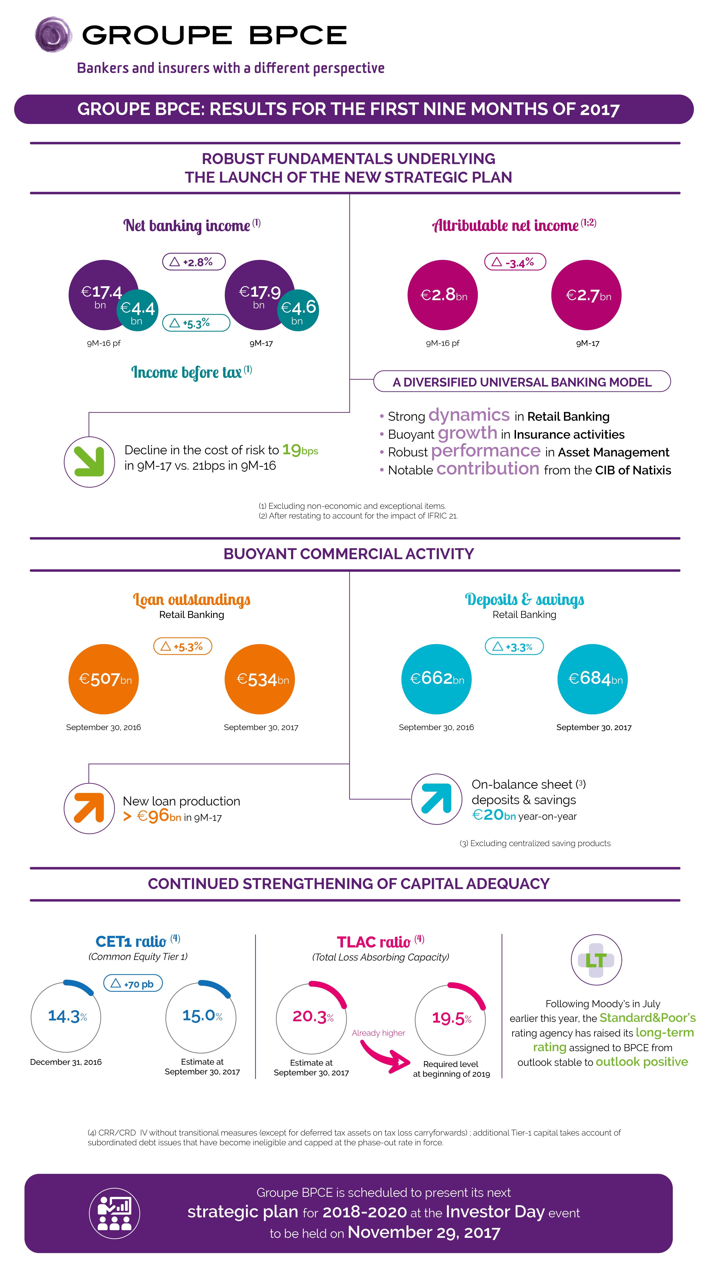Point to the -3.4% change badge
(515, 262)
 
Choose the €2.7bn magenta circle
(587, 295)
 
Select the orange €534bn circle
(260, 679)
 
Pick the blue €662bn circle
(437, 679)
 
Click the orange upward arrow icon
(89, 808)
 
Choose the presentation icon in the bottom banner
(114, 1213)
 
